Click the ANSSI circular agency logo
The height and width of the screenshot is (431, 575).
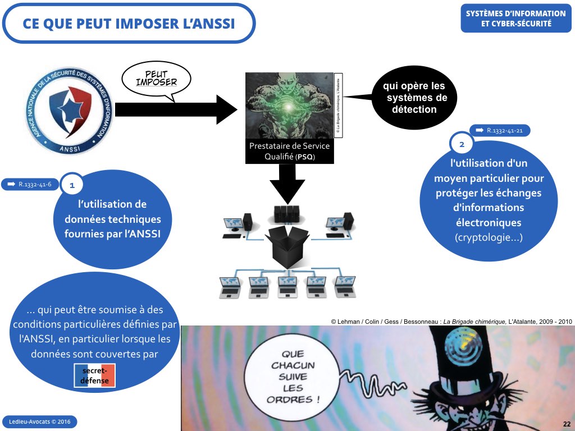[69, 111]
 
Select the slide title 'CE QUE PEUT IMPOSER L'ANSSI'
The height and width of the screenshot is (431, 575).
[129, 23]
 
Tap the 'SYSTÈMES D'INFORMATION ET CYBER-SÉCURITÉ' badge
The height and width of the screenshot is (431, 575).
[515, 19]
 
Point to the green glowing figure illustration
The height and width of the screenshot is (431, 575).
[289, 105]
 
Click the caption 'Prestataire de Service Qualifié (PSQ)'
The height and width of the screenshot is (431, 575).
[289, 152]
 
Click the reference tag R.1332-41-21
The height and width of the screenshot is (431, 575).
[500, 130]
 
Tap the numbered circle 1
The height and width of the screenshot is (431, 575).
[71, 184]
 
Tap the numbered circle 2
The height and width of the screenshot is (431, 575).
[462, 145]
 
